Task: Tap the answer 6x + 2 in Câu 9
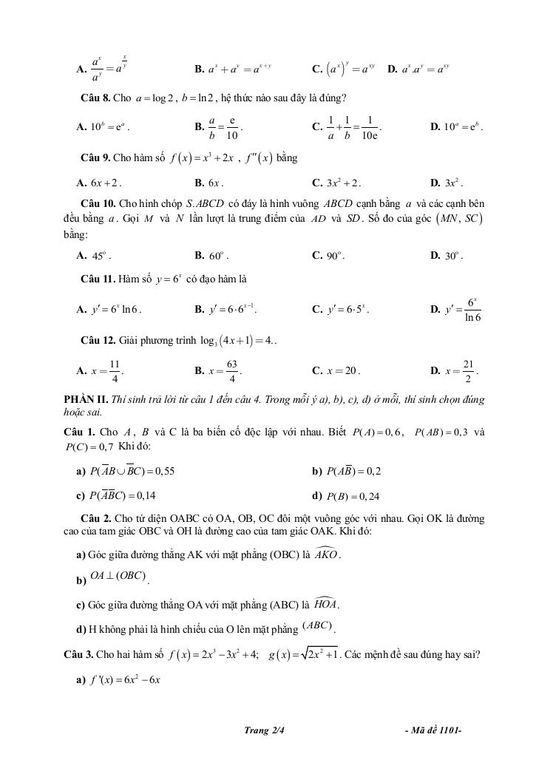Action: tap(105, 182)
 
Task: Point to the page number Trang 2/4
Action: tap(264, 731)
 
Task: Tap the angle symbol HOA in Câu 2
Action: tap(325, 604)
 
